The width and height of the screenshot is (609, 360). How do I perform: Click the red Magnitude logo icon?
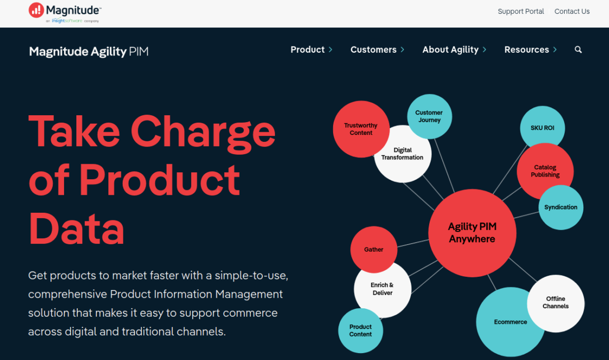tap(36, 10)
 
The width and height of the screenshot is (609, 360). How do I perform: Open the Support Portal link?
tap(520, 11)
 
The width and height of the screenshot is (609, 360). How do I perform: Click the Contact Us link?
tap(572, 11)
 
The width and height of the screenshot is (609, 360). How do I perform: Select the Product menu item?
tap(308, 50)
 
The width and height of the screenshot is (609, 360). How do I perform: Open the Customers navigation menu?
tap(374, 50)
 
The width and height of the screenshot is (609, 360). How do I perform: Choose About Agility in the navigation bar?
tap(450, 50)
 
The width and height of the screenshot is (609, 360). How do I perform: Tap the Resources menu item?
tap(526, 50)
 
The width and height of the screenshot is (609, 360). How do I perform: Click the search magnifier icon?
tap(578, 50)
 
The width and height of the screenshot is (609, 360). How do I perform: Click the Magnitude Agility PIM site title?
tap(89, 52)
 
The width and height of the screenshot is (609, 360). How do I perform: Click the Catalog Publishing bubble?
tap(545, 171)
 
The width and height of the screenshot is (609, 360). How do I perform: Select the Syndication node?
tap(561, 207)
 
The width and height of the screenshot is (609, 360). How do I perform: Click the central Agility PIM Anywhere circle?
tap(472, 234)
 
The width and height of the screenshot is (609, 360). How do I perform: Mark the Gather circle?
tap(374, 249)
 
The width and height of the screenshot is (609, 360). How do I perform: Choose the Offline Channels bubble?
tap(556, 303)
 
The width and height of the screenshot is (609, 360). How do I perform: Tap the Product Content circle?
tap(360, 331)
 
